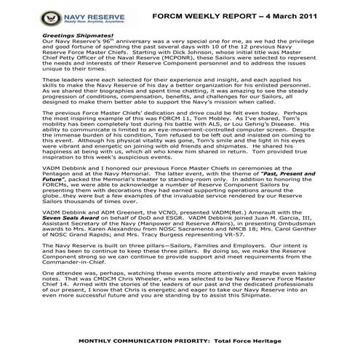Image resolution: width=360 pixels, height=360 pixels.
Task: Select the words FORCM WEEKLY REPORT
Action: click(x=196, y=14)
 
